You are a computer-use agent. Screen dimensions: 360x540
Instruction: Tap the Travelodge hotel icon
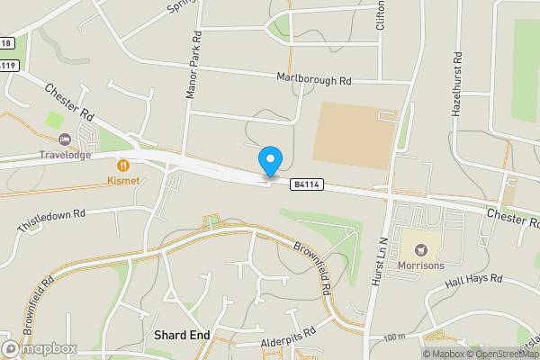tap(65, 139)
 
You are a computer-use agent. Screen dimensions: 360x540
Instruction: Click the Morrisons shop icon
tap(418, 245)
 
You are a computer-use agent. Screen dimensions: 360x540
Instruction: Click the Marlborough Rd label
tap(313, 79)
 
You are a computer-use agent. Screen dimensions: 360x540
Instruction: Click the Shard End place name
tap(182, 335)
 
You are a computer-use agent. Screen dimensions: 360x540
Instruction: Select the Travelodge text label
tap(65, 155)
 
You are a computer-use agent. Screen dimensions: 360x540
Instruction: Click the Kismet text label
tap(122, 181)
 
